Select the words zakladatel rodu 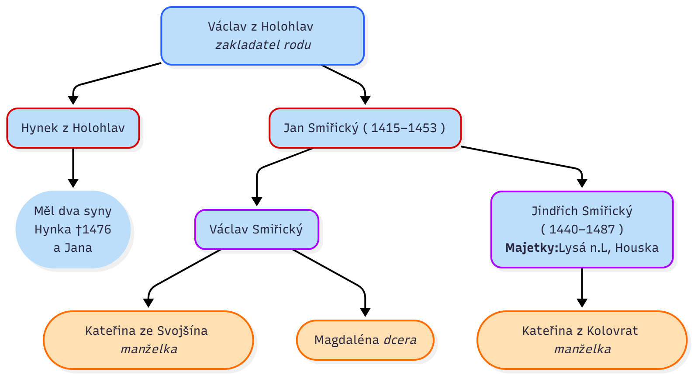point(263,45)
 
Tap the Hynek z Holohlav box point(73,128)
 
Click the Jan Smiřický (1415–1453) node point(365,128)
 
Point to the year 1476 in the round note point(97,230)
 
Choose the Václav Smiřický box point(256,230)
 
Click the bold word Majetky point(532,248)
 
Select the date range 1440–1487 point(582,230)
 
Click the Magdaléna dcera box point(365,340)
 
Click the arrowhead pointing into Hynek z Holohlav point(73,100)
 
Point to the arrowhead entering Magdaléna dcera point(365,312)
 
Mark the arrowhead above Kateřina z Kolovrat point(582,303)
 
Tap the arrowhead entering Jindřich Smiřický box point(582,183)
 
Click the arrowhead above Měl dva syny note point(73,183)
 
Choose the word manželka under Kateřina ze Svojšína point(149,349)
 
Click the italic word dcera point(400,340)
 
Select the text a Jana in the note point(73,248)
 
